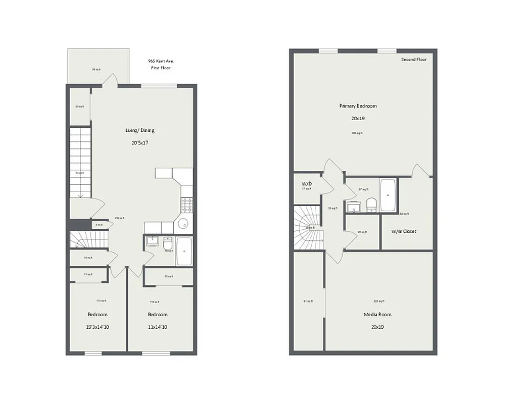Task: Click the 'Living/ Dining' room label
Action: (140, 130)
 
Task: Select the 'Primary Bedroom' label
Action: (358, 106)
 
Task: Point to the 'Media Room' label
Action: (377, 314)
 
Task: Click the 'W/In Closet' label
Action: (404, 231)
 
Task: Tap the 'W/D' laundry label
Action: (306, 183)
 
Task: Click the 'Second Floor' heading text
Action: (414, 60)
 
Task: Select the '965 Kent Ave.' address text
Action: (158, 60)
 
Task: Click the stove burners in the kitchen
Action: (186, 205)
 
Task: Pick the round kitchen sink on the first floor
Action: (183, 224)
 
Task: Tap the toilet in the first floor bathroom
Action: (168, 245)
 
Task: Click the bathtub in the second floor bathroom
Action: (388, 194)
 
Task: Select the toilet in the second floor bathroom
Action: (371, 204)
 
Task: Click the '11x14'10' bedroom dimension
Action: (158, 327)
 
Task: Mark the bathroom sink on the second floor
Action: (353, 207)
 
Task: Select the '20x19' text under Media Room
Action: (377, 327)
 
